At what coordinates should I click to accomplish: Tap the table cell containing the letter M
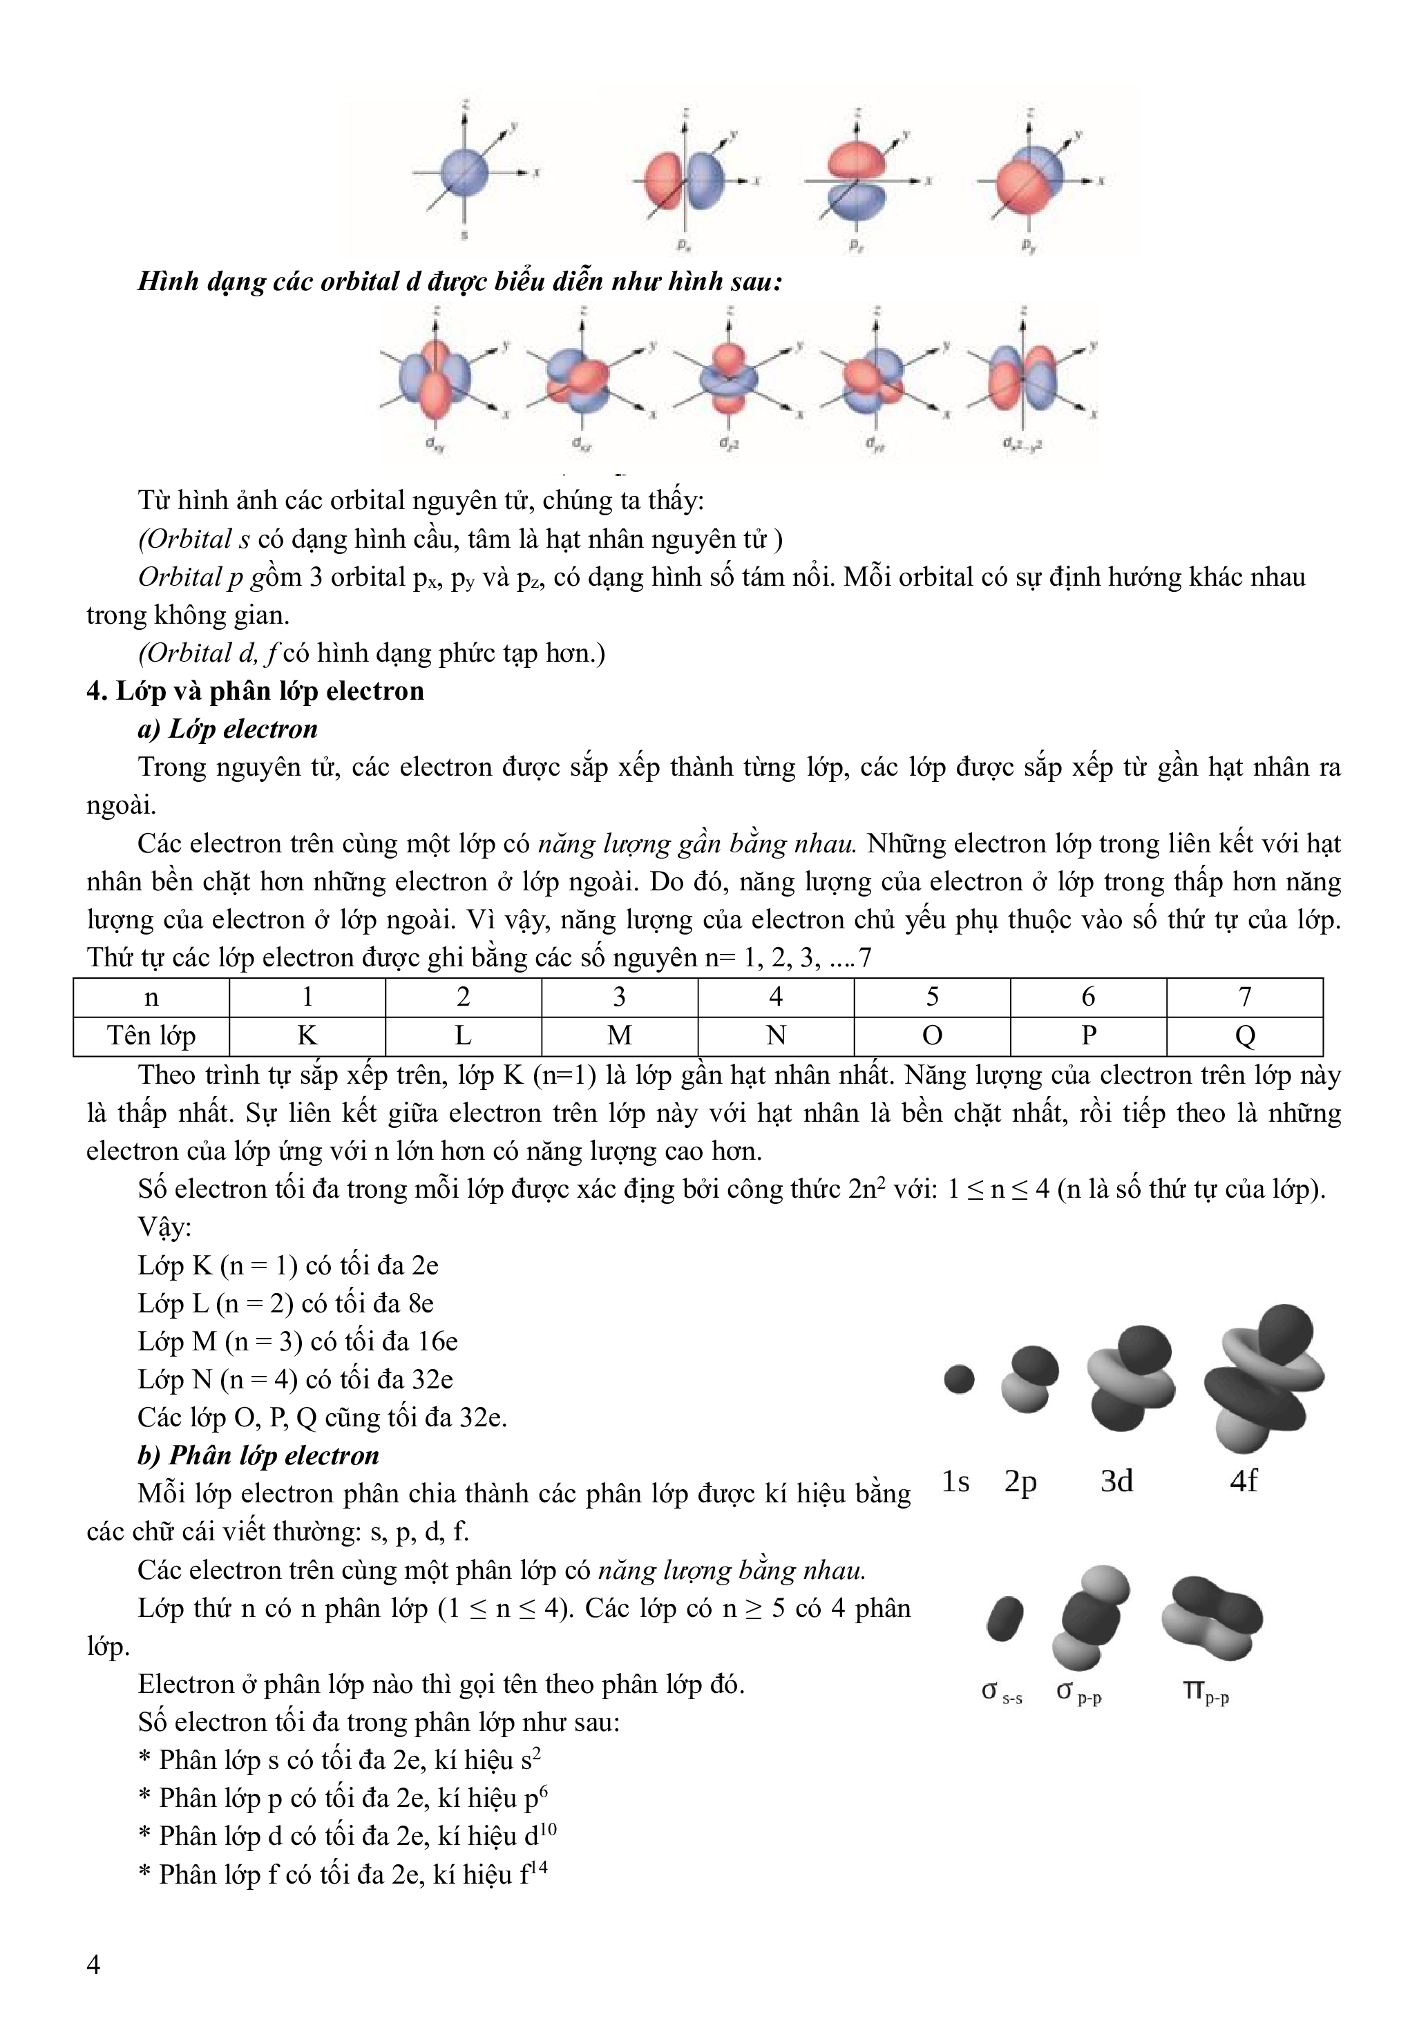pyautogui.click(x=619, y=1036)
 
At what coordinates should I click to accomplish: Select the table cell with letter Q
pyautogui.click(x=1244, y=1036)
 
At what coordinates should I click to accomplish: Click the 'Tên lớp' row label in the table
pyautogui.click(x=151, y=1036)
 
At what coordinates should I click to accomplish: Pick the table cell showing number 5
pyautogui.click(x=932, y=997)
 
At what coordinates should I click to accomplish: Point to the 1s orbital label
pyautogui.click(x=956, y=1482)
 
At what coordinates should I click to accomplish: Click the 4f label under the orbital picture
pyautogui.click(x=1244, y=1482)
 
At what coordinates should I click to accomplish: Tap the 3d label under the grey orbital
pyautogui.click(x=1116, y=1482)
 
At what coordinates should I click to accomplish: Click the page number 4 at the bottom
pyautogui.click(x=94, y=1964)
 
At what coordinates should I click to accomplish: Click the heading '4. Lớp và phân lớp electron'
pyautogui.click(x=255, y=691)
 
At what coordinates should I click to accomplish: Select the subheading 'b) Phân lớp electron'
pyautogui.click(x=258, y=1455)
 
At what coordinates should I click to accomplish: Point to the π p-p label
pyautogui.click(x=1206, y=1691)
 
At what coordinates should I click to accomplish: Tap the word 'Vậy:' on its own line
pyautogui.click(x=164, y=1227)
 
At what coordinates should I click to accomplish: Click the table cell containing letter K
pyautogui.click(x=307, y=1036)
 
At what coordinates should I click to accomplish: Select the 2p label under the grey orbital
pyautogui.click(x=1021, y=1482)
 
